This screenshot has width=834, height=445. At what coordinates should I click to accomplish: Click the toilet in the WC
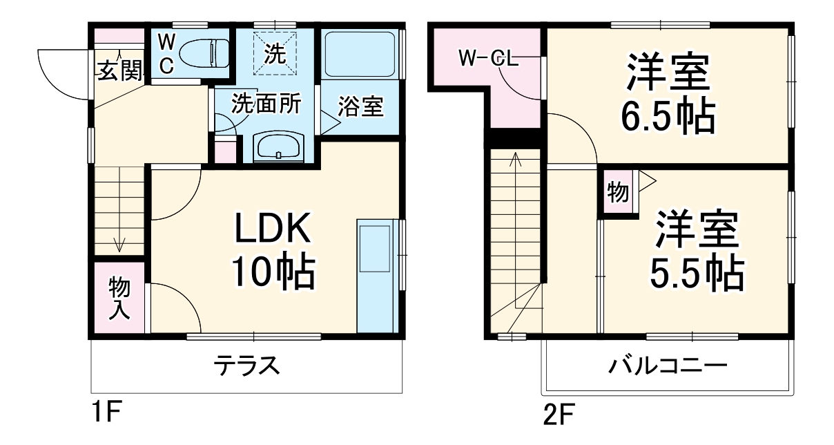(204, 53)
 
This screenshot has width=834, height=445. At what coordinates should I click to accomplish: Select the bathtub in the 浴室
(359, 54)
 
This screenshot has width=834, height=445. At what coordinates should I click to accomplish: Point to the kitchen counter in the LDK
(374, 276)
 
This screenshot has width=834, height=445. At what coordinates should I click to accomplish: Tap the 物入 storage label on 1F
(119, 298)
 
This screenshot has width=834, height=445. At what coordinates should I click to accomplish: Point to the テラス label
(246, 365)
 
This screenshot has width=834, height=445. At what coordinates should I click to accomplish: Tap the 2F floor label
(558, 416)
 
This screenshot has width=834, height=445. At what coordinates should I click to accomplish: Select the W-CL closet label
(489, 59)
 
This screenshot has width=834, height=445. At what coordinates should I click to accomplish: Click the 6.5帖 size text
(667, 117)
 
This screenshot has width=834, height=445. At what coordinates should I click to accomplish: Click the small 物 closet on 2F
(618, 193)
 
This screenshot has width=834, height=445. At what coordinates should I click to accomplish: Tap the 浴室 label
(360, 107)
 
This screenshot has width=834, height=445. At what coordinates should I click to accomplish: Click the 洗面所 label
(266, 104)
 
